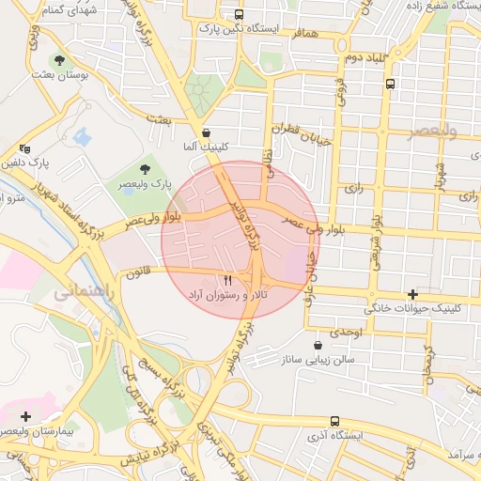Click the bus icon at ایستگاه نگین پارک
click(239, 15)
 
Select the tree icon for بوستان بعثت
click(60, 59)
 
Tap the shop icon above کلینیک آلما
click(206, 132)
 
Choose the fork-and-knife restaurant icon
click(225, 280)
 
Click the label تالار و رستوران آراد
click(225, 295)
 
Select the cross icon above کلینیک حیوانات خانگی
click(412, 295)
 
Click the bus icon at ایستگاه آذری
click(335, 423)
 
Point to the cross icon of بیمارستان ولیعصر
click(24, 415)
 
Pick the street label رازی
click(353, 187)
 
